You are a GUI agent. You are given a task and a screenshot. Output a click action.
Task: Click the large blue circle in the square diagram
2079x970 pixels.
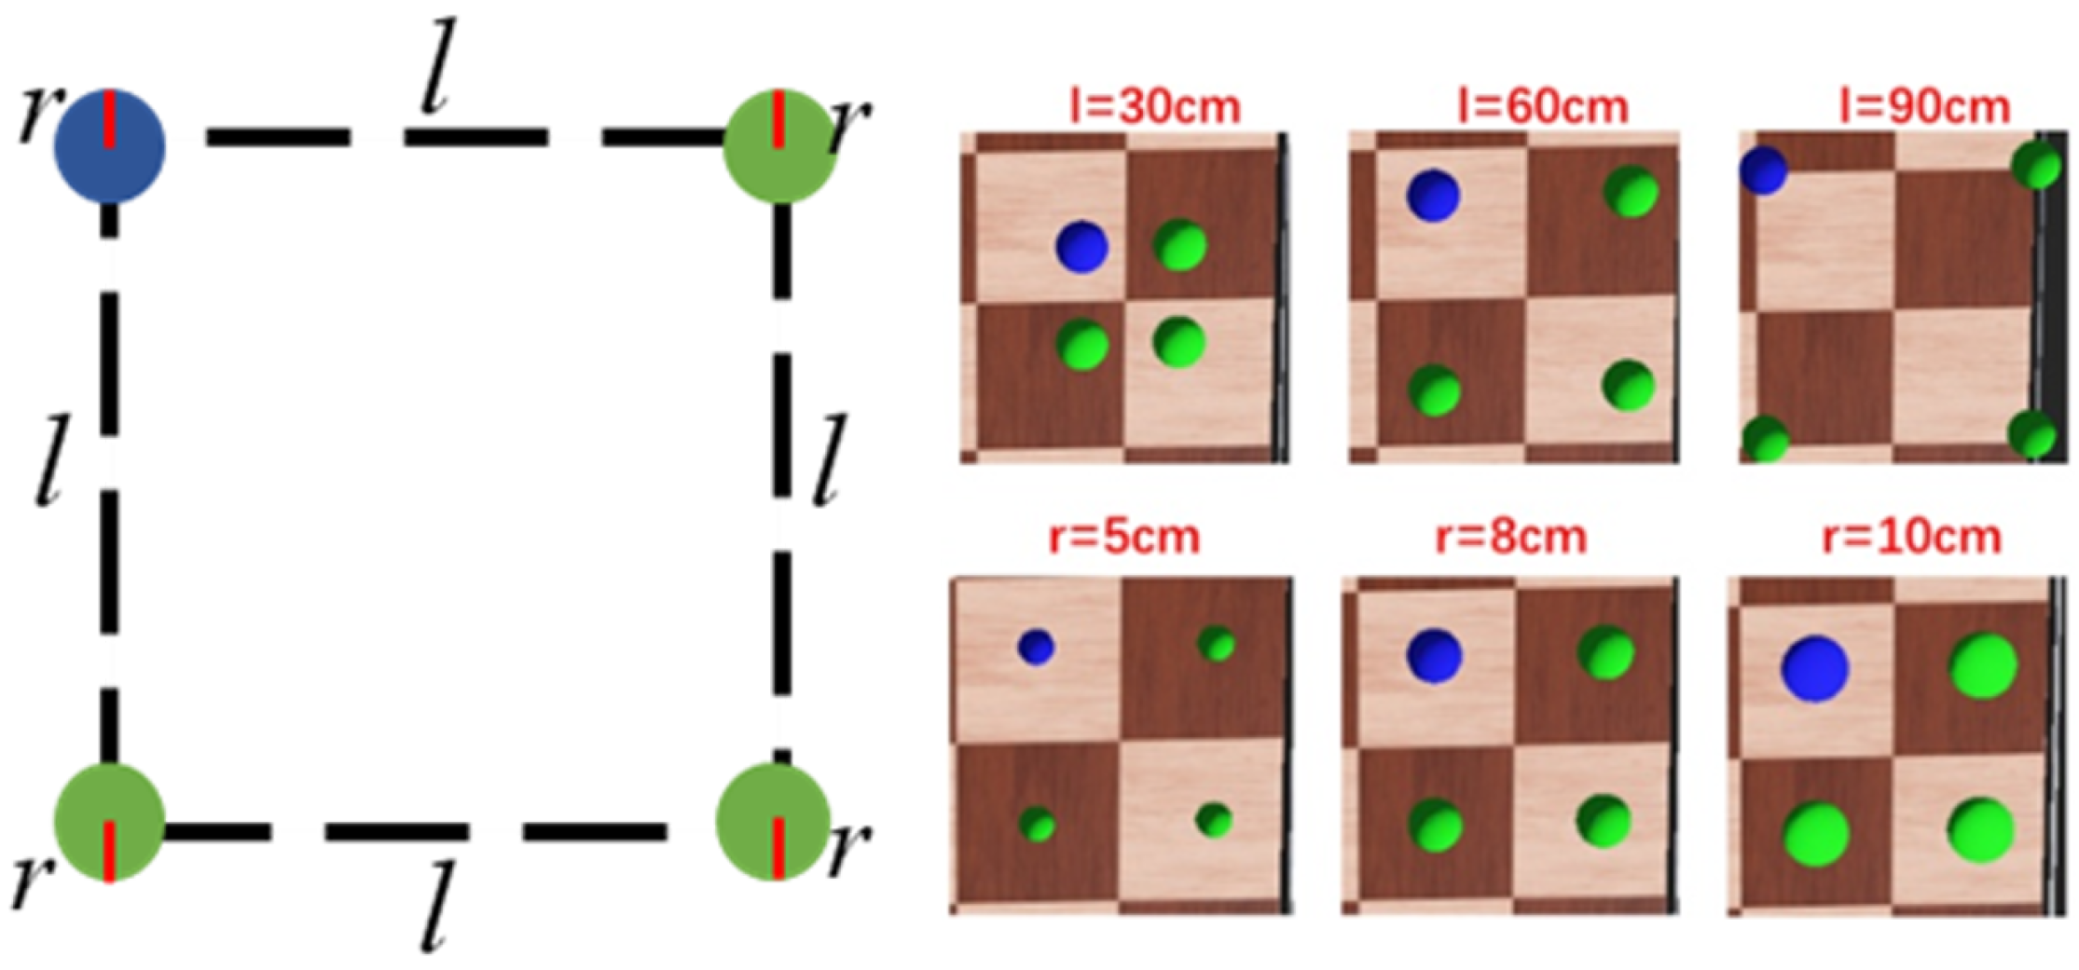[109, 146]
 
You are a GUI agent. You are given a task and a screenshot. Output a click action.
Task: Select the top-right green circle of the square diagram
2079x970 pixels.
[779, 146]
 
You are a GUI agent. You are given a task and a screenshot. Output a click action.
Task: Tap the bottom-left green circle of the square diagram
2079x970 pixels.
[109, 822]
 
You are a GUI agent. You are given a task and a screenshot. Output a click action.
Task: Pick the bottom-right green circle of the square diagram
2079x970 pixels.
[774, 822]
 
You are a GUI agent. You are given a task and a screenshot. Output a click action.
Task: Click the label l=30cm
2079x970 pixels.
[1155, 107]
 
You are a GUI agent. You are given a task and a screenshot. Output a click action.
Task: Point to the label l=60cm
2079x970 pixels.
[1543, 107]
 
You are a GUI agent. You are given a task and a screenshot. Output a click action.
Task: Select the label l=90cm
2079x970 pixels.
[1925, 107]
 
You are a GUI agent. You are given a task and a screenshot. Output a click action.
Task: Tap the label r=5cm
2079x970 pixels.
[1124, 538]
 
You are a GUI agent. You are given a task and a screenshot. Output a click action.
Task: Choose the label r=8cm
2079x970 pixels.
[1511, 538]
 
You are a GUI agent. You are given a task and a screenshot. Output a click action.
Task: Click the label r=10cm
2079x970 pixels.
[1912, 538]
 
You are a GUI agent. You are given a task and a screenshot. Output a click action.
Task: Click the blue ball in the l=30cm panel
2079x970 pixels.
[1081, 247]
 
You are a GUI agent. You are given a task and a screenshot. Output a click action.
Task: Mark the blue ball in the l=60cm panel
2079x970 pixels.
[1433, 196]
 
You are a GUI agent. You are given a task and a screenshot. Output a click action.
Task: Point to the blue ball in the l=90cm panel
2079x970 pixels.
[1763, 171]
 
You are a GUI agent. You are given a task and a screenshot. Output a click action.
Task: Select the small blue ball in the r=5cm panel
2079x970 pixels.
[1036, 647]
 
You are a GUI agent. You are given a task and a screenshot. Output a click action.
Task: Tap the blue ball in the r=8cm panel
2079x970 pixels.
[1434, 655]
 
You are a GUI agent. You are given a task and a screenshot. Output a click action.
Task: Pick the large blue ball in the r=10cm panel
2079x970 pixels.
[1814, 668]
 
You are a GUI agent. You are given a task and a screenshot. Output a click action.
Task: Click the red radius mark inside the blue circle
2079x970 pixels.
[109, 119]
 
